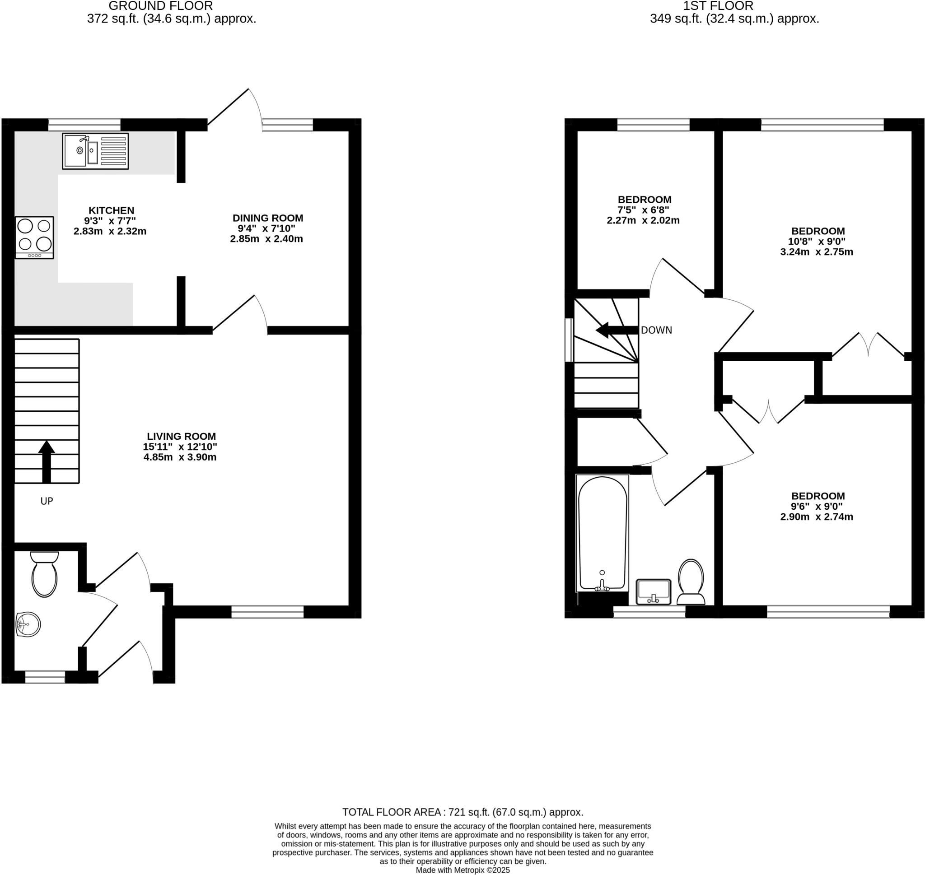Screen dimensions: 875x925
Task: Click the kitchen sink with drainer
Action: (x=95, y=151)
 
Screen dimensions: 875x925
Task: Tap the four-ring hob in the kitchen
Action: (x=34, y=237)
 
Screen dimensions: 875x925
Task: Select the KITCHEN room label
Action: (x=112, y=210)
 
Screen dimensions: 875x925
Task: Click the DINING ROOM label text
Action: (x=268, y=218)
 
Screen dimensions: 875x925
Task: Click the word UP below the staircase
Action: (x=47, y=501)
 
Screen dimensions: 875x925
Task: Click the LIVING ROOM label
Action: (x=181, y=436)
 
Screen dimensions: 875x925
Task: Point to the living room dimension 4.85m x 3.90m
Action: (x=180, y=457)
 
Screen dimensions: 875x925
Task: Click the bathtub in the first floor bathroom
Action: (x=602, y=534)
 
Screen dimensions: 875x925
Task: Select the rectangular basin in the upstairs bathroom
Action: (x=654, y=591)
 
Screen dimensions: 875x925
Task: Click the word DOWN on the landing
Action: (x=656, y=330)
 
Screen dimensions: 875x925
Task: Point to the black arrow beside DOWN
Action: (x=616, y=330)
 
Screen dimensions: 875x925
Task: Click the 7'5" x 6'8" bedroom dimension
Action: (x=643, y=210)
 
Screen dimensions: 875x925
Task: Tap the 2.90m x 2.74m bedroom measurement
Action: (x=816, y=517)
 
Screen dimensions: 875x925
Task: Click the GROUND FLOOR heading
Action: (x=160, y=6)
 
